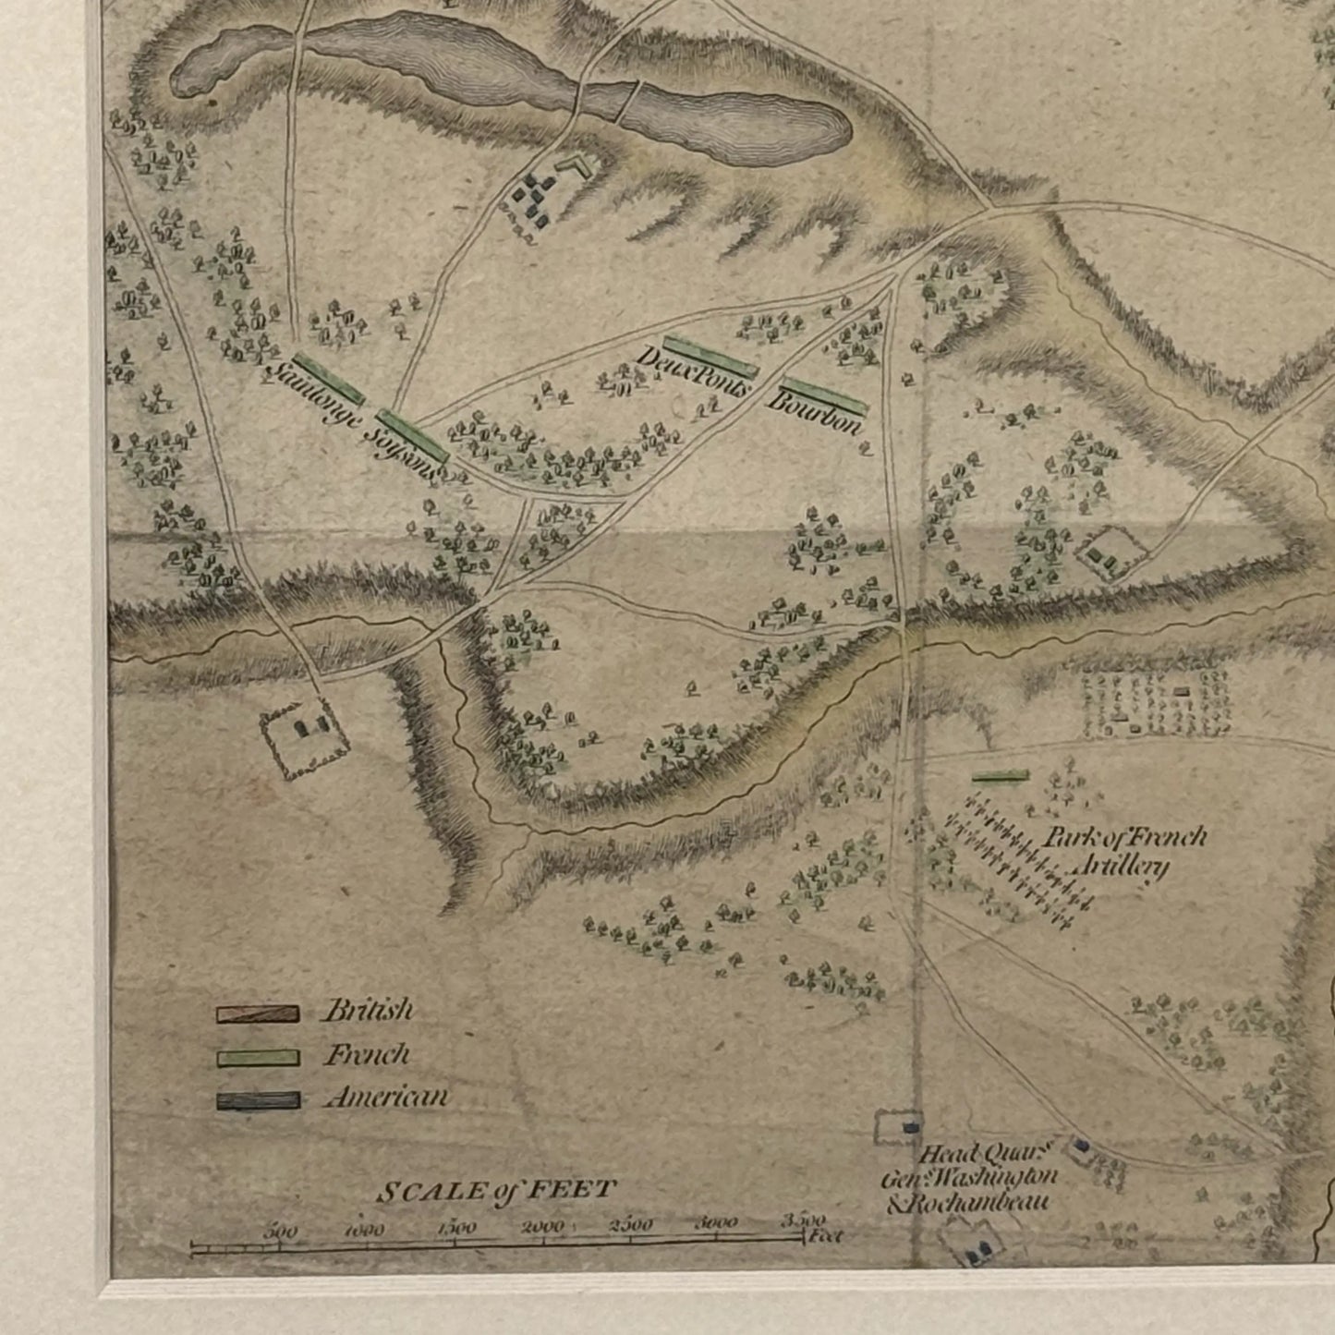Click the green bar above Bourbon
coord(824,394)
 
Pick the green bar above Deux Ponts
coord(710,357)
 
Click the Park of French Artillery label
coord(1122,851)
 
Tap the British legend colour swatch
coord(258,1014)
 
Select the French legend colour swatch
coord(258,1057)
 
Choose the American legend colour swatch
coord(258,1100)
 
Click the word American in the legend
coord(386,1098)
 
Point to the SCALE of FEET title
coord(495,1192)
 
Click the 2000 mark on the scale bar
coord(542,1228)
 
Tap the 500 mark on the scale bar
coord(280,1232)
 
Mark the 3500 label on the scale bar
coord(802,1221)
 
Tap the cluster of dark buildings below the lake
coord(531,197)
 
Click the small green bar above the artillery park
coord(1001,777)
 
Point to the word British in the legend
coord(367,1011)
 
